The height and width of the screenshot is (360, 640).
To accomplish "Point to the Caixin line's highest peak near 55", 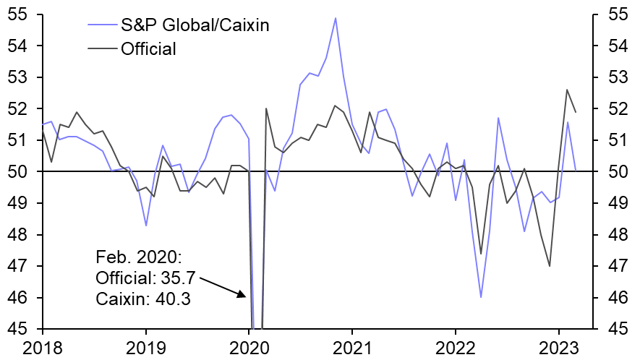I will [336, 18].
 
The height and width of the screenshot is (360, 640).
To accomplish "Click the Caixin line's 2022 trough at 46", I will [481, 297].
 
